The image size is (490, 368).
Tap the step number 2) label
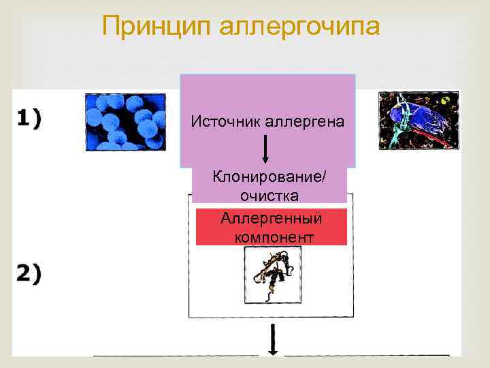29,273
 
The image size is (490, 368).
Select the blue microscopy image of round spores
125,121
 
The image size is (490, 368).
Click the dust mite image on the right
419,121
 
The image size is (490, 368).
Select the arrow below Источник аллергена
265,148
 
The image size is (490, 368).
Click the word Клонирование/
269,177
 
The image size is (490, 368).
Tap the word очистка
269,196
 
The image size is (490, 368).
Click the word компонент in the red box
274,237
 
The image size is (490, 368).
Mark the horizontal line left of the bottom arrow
175,355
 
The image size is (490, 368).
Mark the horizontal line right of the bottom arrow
366,355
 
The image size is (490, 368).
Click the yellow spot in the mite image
445,102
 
